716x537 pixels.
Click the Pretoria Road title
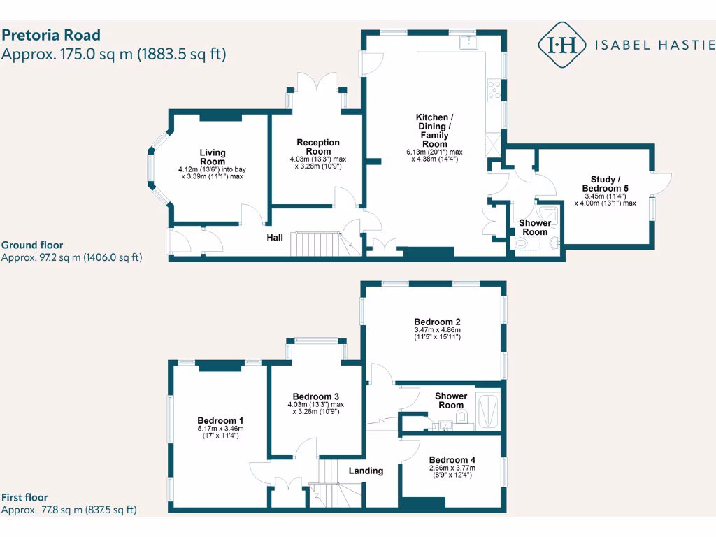click(51, 35)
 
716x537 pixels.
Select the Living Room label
click(213, 157)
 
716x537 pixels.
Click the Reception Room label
click(318, 147)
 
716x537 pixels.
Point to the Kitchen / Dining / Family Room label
click(435, 130)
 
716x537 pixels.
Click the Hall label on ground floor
click(275, 238)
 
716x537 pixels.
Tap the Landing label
click(366, 471)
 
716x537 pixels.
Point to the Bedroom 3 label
click(316, 395)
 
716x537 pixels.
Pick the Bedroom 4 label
click(452, 459)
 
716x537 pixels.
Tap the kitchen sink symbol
click(467, 41)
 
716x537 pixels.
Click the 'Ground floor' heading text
click(32, 245)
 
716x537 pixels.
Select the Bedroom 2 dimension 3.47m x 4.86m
click(437, 329)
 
